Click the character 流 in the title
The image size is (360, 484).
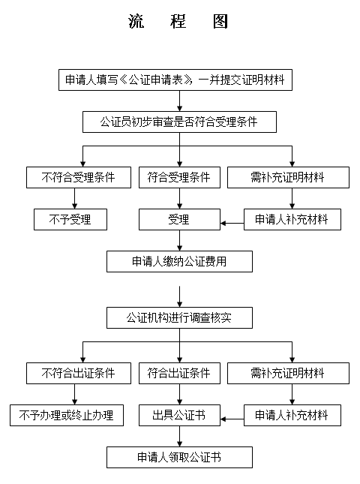click(136, 21)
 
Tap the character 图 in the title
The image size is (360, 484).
click(220, 21)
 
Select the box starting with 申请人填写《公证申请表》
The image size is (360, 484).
click(175, 80)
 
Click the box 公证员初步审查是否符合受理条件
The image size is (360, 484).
click(179, 122)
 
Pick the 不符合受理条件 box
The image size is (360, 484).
click(79, 178)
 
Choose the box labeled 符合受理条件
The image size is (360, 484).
click(179, 178)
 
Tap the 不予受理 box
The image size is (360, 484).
click(70, 219)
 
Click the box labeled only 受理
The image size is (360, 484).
click(179, 219)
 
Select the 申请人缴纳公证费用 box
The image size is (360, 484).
click(179, 261)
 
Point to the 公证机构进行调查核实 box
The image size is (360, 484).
click(179, 317)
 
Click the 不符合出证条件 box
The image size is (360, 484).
click(79, 373)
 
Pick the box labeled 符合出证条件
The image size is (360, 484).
click(179, 373)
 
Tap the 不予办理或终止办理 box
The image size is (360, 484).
click(67, 415)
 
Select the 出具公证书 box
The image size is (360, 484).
click(179, 415)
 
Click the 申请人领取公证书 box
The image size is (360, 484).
click(179, 457)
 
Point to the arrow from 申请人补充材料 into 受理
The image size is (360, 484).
click(232, 223)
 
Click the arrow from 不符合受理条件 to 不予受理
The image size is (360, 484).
click(75, 198)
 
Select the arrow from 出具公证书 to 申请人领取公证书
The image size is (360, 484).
click(179, 436)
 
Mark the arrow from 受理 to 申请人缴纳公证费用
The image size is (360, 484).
click(179, 240)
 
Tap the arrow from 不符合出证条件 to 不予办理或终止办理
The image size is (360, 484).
click(75, 394)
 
